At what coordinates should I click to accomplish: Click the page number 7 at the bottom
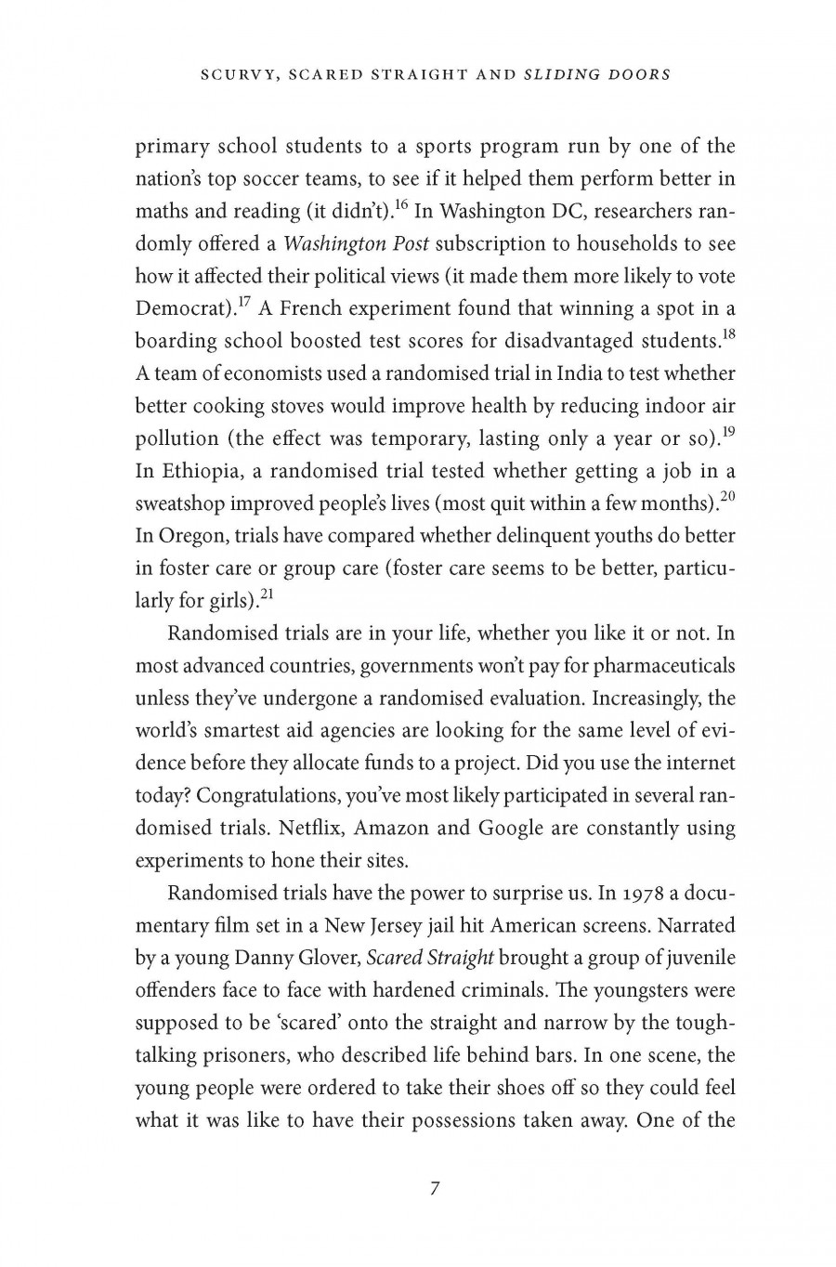point(435,1188)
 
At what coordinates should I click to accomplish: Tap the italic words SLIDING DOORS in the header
point(597,74)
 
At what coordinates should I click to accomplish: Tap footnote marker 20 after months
point(727,496)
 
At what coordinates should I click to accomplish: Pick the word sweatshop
point(179,504)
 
